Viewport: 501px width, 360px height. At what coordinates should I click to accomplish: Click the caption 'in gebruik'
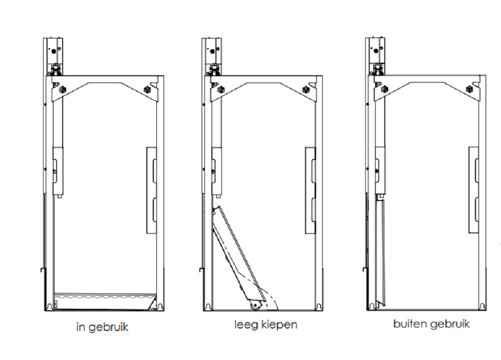pos(102,327)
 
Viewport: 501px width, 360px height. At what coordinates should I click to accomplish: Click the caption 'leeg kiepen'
pos(266,325)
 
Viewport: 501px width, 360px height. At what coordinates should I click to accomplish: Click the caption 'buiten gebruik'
pos(431,324)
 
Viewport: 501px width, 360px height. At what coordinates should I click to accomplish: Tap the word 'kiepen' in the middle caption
pos(280,325)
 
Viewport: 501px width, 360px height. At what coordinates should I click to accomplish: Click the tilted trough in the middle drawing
pos(235,256)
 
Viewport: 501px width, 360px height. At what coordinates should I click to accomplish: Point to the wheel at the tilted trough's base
pos(255,307)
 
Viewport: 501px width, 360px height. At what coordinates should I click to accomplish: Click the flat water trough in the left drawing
pos(105,300)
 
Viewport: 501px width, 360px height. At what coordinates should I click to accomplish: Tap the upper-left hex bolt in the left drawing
pos(62,90)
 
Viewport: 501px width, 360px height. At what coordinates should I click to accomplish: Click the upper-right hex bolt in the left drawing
pos(147,89)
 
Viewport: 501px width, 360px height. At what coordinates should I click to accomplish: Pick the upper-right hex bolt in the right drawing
pos(469,89)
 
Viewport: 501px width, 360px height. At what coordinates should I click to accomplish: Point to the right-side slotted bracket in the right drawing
pos(473,190)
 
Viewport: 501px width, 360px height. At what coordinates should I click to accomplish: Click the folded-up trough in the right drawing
pos(380,251)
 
